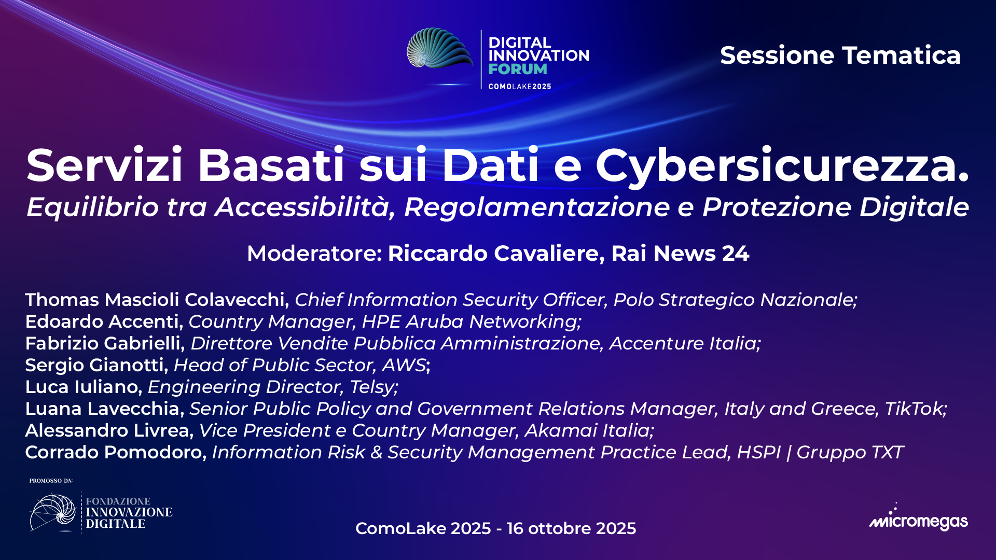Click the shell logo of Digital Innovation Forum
point(439,49)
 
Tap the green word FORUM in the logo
point(517,69)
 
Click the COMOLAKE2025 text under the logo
point(520,87)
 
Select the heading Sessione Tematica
point(840,55)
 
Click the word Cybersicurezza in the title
point(781,166)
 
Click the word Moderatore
point(314,254)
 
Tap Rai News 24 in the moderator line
point(680,254)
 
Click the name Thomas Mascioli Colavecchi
point(156,300)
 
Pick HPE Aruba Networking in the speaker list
point(471,321)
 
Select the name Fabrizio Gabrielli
point(104,343)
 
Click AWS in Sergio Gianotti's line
point(404,365)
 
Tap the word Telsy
point(372,387)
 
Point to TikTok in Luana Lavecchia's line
point(914,409)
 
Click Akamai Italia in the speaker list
point(588,430)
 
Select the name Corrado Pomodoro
point(114,452)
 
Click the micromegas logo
point(918,520)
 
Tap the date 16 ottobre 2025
point(571,528)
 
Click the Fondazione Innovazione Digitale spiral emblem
point(53,512)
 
